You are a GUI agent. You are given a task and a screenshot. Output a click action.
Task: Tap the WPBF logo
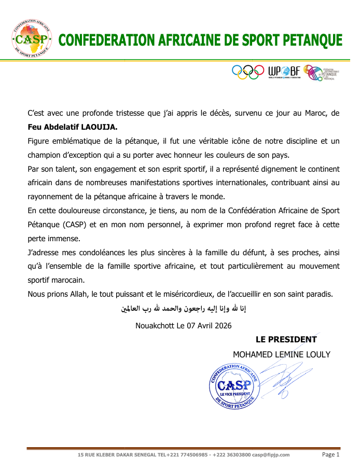[284, 72]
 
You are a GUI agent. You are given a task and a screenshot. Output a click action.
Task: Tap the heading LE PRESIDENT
[285, 340]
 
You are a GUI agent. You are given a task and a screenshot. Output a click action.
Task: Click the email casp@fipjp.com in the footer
[271, 455]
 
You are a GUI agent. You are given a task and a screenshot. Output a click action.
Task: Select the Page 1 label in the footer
[330, 454]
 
